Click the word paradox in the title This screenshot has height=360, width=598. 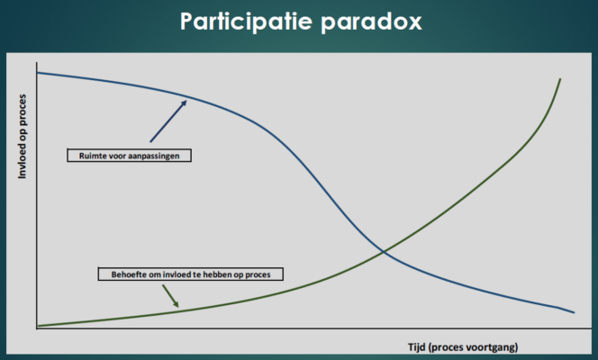click(371, 22)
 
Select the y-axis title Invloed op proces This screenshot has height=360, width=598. click(23, 137)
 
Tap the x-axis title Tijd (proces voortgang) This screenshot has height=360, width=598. click(463, 347)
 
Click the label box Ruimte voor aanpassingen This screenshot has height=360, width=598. click(130, 156)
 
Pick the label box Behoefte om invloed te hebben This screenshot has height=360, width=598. click(191, 274)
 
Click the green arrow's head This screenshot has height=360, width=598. click(176, 304)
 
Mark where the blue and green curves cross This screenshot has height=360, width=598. click(384, 251)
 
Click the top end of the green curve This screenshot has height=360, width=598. click(560, 79)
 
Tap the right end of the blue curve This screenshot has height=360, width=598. click(575, 313)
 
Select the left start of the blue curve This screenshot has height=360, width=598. click(38, 72)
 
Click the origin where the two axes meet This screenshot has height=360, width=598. click(37, 328)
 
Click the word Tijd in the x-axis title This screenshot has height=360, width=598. click(416, 347)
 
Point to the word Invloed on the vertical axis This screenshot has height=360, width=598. click(23, 162)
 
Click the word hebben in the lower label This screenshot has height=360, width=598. click(218, 274)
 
